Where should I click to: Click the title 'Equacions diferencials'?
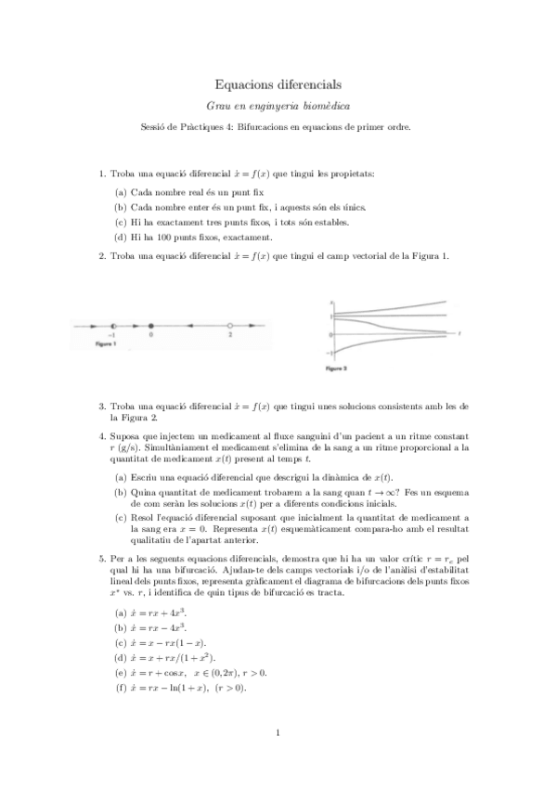278,84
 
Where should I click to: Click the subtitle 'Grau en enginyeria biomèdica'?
278,107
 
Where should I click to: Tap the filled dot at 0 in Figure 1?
151,326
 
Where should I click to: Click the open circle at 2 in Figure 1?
229,326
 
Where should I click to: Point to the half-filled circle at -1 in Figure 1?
112,326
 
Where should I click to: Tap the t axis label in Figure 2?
461,331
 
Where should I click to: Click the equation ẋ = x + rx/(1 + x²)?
169,658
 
